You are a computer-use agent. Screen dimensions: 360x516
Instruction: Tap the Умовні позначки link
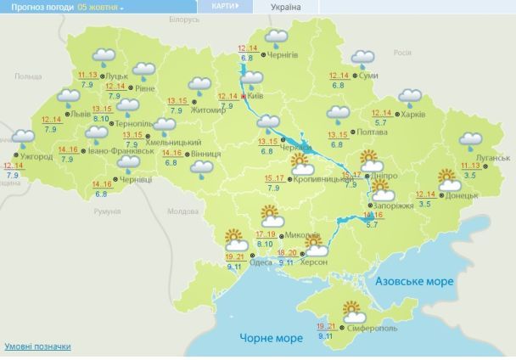37,346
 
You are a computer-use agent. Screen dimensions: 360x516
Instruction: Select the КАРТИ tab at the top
220,6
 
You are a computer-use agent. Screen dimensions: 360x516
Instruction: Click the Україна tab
284,7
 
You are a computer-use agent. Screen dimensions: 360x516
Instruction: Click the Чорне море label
272,338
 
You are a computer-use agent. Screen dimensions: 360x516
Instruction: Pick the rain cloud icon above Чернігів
276,38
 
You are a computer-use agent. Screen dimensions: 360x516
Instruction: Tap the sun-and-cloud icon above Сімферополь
351,311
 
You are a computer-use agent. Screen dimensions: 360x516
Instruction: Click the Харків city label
412,115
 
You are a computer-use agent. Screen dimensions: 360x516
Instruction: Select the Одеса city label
261,262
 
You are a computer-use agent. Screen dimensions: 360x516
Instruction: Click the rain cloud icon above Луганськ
470,140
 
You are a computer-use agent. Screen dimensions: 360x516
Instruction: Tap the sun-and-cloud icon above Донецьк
448,179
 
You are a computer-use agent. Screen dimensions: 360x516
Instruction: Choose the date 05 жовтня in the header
101,6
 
